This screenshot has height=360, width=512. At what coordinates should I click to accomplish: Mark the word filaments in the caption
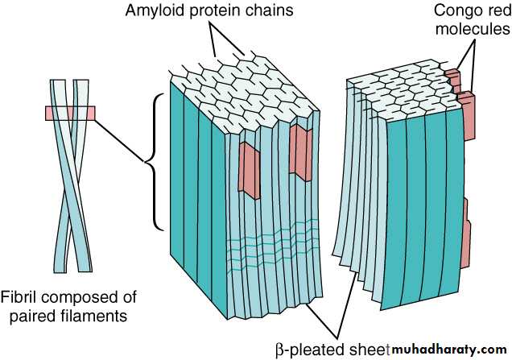coord(100,316)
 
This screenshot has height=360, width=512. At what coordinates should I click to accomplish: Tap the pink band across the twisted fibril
coord(71,113)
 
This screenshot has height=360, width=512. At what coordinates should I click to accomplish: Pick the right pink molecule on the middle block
coord(300,153)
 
